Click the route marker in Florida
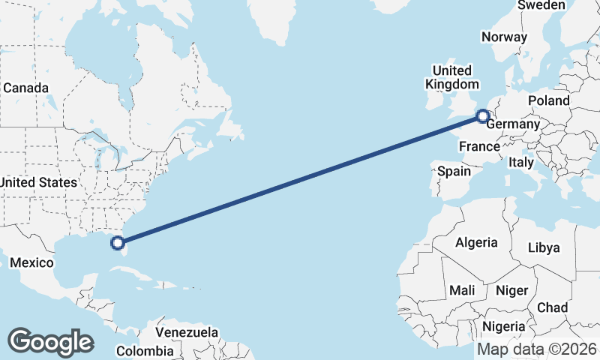click(x=117, y=242)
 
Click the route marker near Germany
click(x=483, y=116)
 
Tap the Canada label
click(x=25, y=88)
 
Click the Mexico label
click(x=31, y=262)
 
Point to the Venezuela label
click(x=187, y=331)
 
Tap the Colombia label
click(x=145, y=350)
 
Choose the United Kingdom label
click(x=451, y=76)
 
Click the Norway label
click(x=505, y=37)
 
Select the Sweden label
click(x=541, y=5)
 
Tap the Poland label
click(x=548, y=100)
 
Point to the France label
click(x=479, y=146)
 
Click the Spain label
click(x=454, y=171)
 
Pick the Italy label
click(x=520, y=162)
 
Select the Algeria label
click(x=476, y=242)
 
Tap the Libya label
click(x=544, y=247)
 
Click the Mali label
click(x=462, y=289)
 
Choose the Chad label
click(x=552, y=307)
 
